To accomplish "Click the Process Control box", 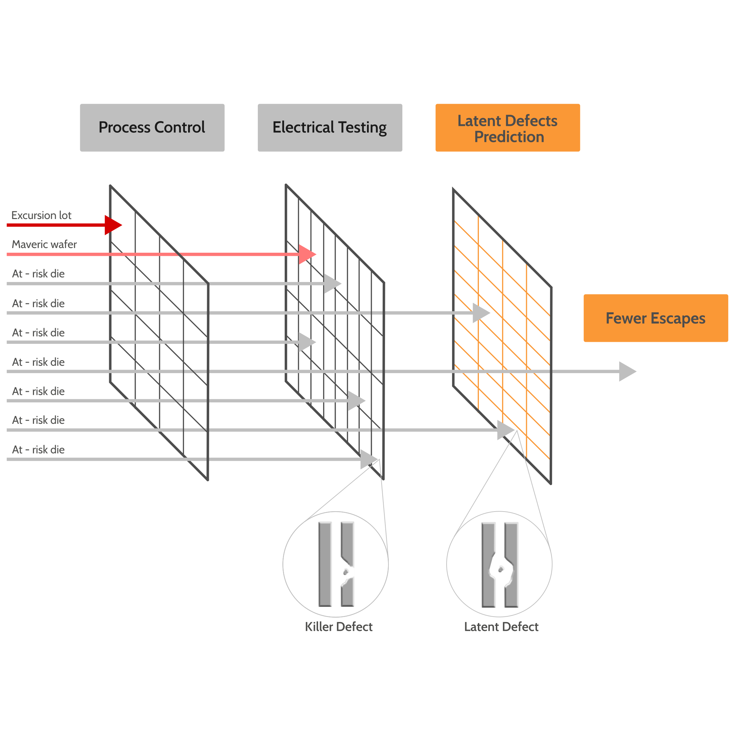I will coord(152,128).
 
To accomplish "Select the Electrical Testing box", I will coord(330,128).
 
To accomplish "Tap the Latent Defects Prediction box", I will coord(507,128).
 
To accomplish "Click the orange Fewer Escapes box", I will coord(655,318).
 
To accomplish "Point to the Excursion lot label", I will coord(41,215).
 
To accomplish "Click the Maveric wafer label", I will coord(44,244).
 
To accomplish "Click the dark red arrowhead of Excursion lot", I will coord(113,225).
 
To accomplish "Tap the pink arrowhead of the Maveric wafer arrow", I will coord(307,254).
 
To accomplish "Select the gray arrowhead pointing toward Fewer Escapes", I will coord(627,371).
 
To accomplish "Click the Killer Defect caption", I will coord(338,627).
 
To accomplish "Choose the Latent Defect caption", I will coord(501,627).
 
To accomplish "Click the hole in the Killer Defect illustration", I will coord(346,572).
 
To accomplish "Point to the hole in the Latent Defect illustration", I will coord(501,569).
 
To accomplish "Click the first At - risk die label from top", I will coord(38,273).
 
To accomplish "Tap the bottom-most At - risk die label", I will coord(38,450).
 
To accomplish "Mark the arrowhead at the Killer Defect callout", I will coord(368,459).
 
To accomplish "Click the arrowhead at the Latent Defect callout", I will coord(505,430).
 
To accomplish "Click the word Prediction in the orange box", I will coord(509,137).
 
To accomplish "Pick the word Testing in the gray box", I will coord(362,128).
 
